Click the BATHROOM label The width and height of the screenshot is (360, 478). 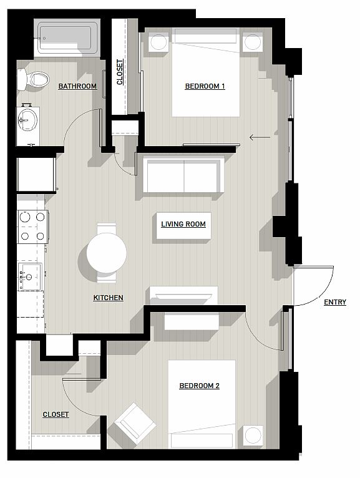[x=77, y=86]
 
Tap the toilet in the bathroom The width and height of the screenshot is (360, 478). [x=33, y=79]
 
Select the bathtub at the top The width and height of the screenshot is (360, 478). [x=67, y=38]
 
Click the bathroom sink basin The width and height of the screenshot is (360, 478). [x=27, y=120]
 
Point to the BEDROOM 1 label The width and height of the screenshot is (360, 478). [x=205, y=86]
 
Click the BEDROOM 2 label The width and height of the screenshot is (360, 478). [x=200, y=386]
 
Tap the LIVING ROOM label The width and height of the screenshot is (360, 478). [x=183, y=225]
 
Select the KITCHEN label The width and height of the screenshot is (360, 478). [x=108, y=298]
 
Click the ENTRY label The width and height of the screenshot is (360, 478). [x=335, y=302]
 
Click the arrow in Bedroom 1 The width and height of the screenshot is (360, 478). [x=260, y=137]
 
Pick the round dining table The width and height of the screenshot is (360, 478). [x=107, y=253]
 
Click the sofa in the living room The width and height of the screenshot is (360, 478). [x=183, y=174]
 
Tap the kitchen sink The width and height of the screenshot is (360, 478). [x=29, y=276]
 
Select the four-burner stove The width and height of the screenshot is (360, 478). [x=32, y=227]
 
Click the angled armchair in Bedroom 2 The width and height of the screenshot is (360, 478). [x=135, y=423]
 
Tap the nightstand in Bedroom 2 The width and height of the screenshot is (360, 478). [x=253, y=435]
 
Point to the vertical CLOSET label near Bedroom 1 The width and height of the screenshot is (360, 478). [x=120, y=72]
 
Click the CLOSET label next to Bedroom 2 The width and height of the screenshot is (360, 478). [x=56, y=414]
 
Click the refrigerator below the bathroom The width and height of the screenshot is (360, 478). [x=37, y=175]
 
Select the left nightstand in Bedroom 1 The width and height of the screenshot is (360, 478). [x=158, y=42]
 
